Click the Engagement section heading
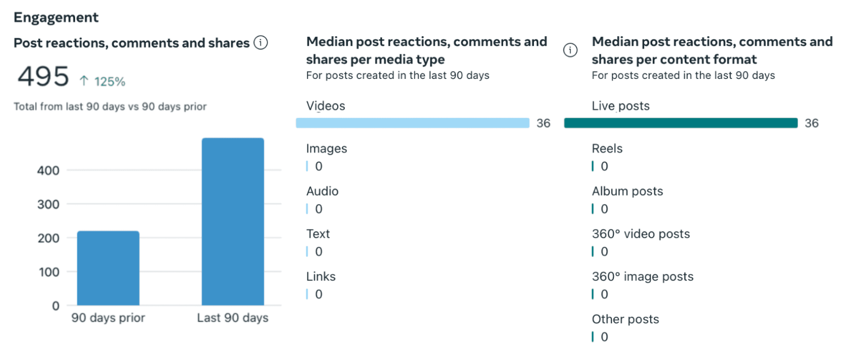(x=56, y=18)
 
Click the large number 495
(x=43, y=77)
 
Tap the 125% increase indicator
(x=103, y=82)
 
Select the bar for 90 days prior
(x=108, y=268)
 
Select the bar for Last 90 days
(x=232, y=221)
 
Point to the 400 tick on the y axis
(x=48, y=170)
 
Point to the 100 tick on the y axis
(x=48, y=272)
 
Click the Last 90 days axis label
(x=232, y=318)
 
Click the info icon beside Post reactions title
(x=260, y=43)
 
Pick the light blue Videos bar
(x=412, y=123)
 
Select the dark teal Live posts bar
(x=680, y=123)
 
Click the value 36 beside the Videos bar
(x=543, y=123)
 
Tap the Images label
(x=327, y=148)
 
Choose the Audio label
(x=322, y=191)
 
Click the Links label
(x=321, y=277)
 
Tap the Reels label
(x=607, y=148)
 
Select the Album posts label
(x=627, y=191)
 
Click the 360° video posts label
(x=641, y=234)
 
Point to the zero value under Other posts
(x=604, y=337)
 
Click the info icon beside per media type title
(x=570, y=50)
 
